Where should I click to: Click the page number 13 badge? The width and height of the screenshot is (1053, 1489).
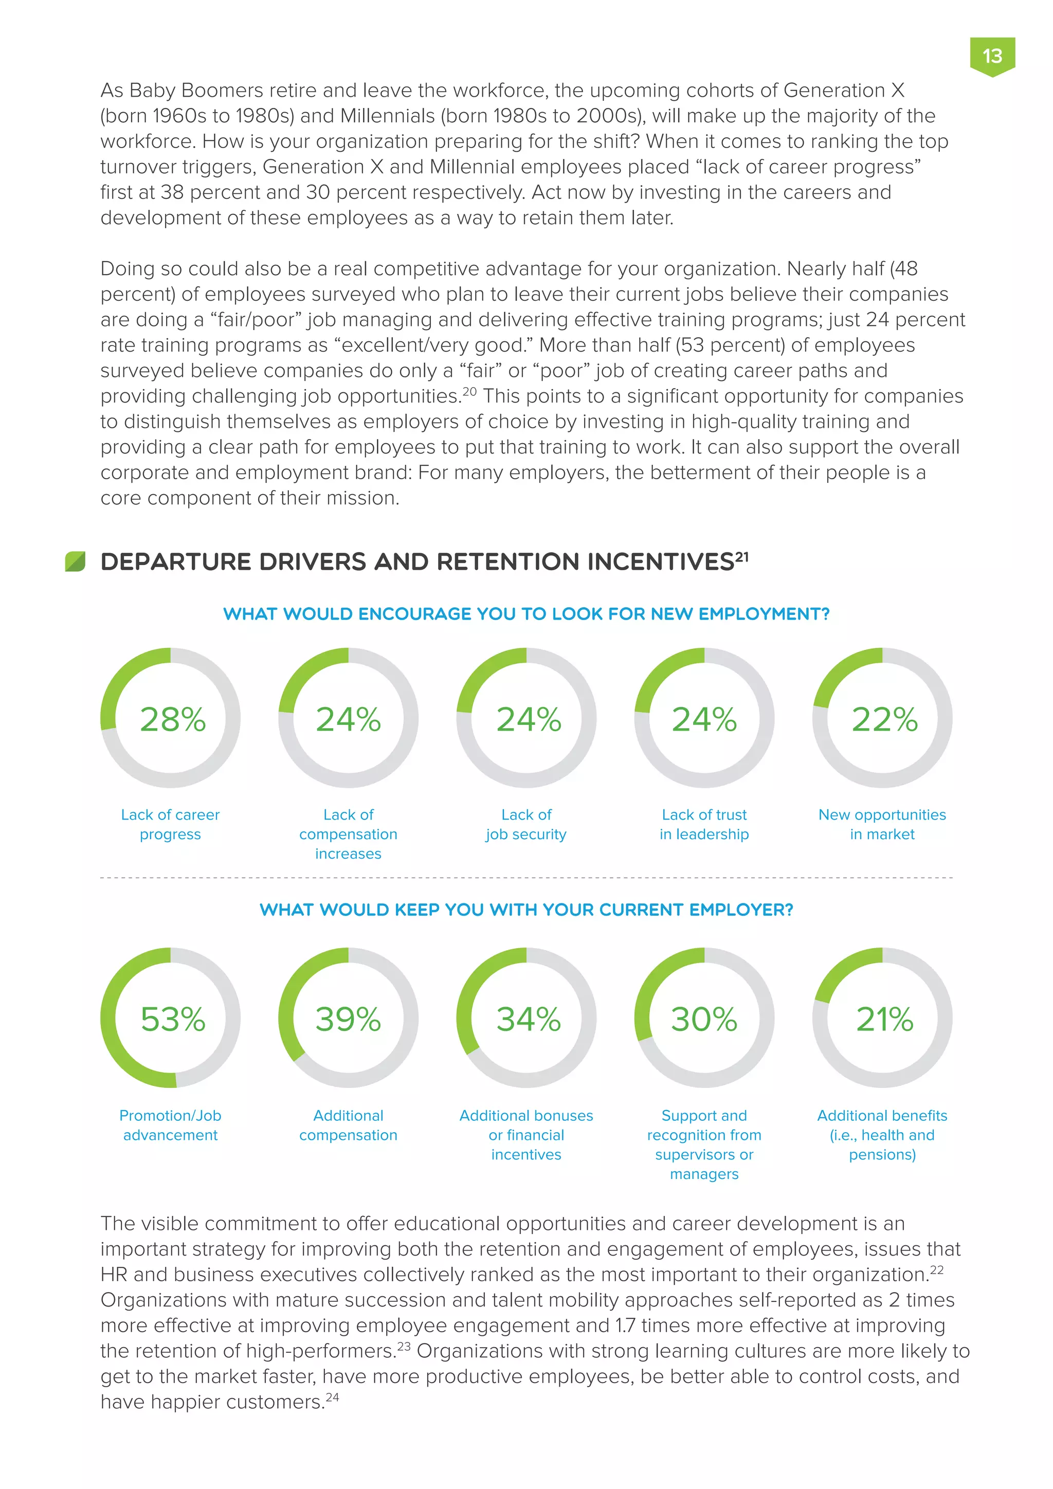click(x=991, y=57)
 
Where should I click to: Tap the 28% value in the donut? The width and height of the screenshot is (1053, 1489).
click(x=172, y=719)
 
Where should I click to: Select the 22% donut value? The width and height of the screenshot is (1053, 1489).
click(x=884, y=719)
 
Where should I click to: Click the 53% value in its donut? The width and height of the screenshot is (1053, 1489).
click(x=172, y=1019)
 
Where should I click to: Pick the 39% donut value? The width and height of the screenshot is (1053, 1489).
click(x=348, y=1019)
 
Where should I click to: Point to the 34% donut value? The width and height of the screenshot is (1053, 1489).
click(x=528, y=1019)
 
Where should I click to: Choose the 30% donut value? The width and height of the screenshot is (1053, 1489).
click(x=704, y=1019)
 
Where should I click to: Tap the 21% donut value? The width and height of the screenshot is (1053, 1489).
click(x=884, y=1019)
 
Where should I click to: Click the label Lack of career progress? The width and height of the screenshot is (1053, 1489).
click(x=171, y=824)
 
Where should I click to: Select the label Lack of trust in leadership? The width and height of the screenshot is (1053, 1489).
click(x=704, y=824)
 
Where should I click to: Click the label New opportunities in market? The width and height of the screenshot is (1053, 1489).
click(x=882, y=824)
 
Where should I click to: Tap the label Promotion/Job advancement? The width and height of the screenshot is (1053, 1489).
click(x=171, y=1125)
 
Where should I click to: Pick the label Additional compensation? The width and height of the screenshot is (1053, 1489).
click(x=348, y=1125)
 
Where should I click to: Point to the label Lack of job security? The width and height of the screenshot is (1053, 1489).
click(x=526, y=824)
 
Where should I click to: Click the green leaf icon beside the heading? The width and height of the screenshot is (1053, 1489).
click(x=75, y=561)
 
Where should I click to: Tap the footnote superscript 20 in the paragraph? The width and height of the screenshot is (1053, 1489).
click(x=469, y=392)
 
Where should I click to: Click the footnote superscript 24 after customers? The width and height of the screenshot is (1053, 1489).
click(x=332, y=1397)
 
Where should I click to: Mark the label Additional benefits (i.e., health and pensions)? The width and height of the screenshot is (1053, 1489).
click(x=882, y=1135)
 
